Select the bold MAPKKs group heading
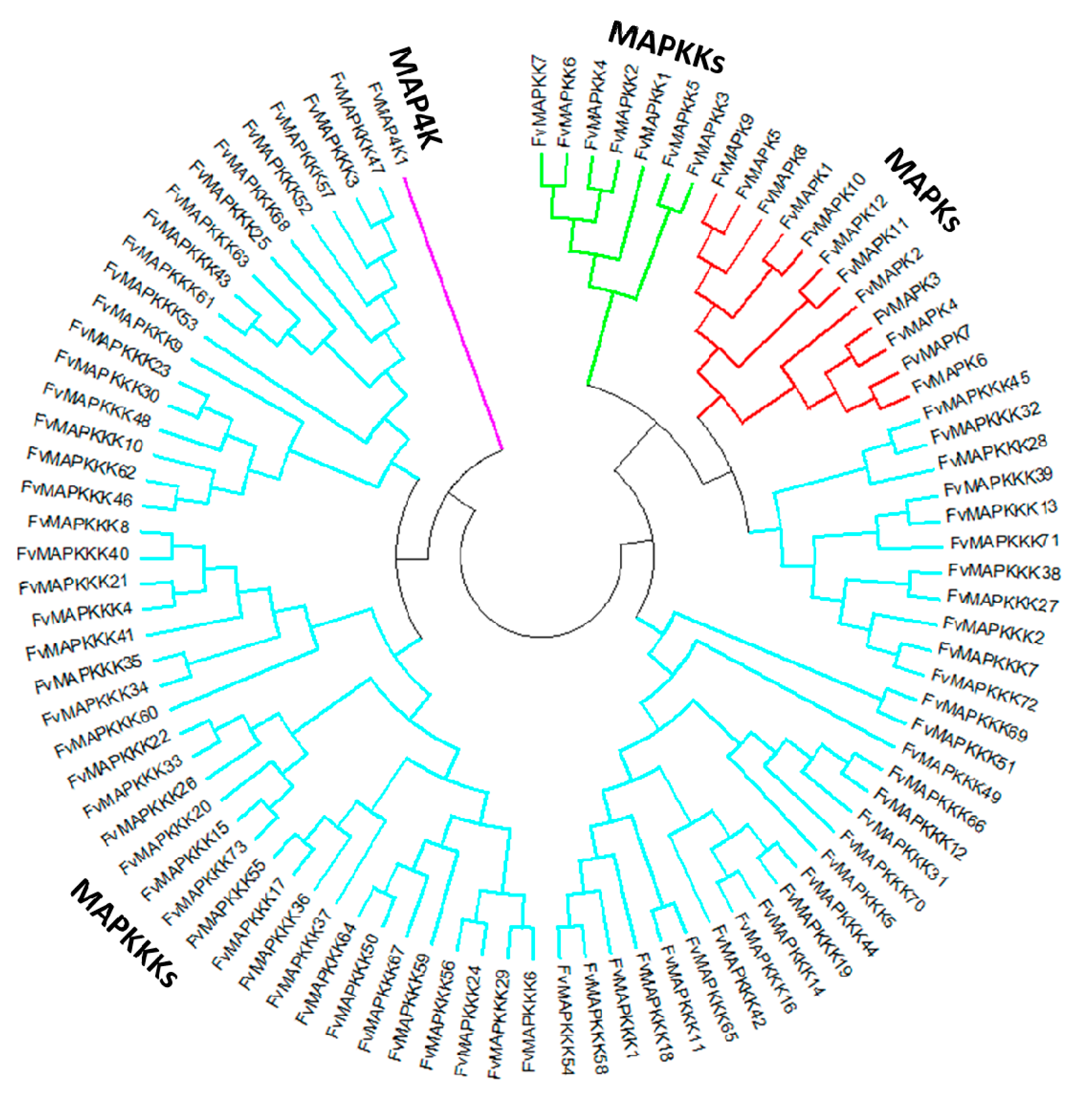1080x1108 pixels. click(667, 48)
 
